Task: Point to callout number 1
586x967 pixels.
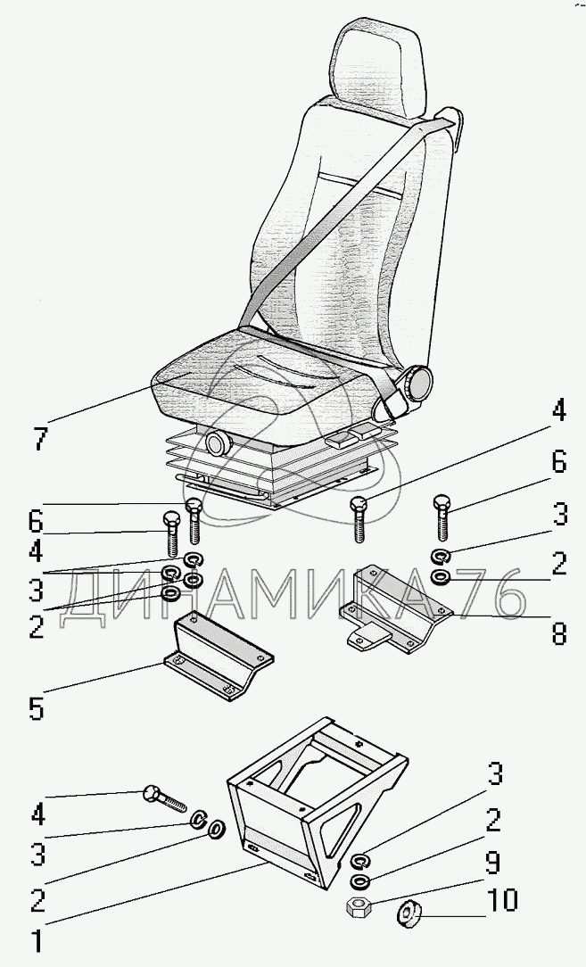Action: click(36, 940)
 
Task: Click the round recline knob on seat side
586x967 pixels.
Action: click(416, 385)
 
